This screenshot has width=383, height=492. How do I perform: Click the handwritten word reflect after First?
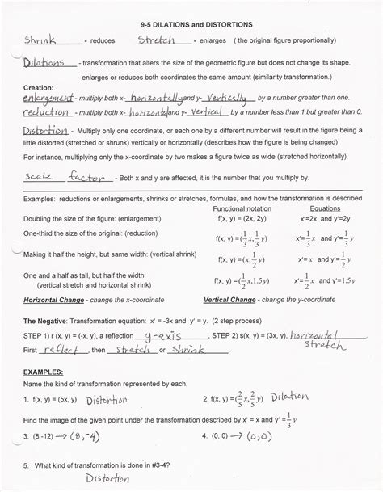[x=63, y=349]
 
